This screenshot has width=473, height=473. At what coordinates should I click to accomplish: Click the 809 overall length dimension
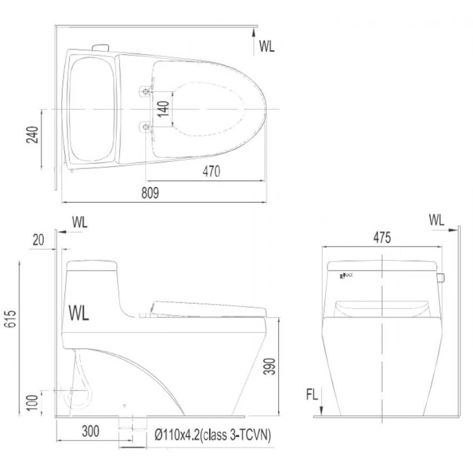click(150, 193)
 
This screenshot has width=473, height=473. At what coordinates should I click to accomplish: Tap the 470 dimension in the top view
click(211, 171)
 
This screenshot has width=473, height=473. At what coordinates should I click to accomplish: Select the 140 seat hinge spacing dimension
click(163, 109)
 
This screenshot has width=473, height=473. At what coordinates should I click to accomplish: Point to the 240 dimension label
click(32, 135)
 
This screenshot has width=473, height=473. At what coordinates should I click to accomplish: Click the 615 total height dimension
click(10, 319)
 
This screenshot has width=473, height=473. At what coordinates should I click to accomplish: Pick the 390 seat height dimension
click(269, 366)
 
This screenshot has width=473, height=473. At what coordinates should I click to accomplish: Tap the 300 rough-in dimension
click(91, 431)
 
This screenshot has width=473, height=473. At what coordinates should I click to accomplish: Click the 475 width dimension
click(382, 238)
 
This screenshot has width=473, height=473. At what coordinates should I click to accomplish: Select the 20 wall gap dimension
click(38, 240)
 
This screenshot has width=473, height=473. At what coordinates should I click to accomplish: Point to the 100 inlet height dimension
click(32, 402)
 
